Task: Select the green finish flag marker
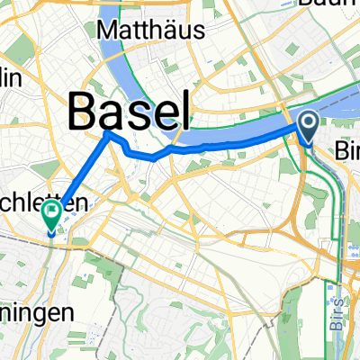coord(51,215)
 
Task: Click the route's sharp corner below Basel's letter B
coord(109,134)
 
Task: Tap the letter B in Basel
coord(85,112)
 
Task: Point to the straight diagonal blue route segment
coord(81,175)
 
